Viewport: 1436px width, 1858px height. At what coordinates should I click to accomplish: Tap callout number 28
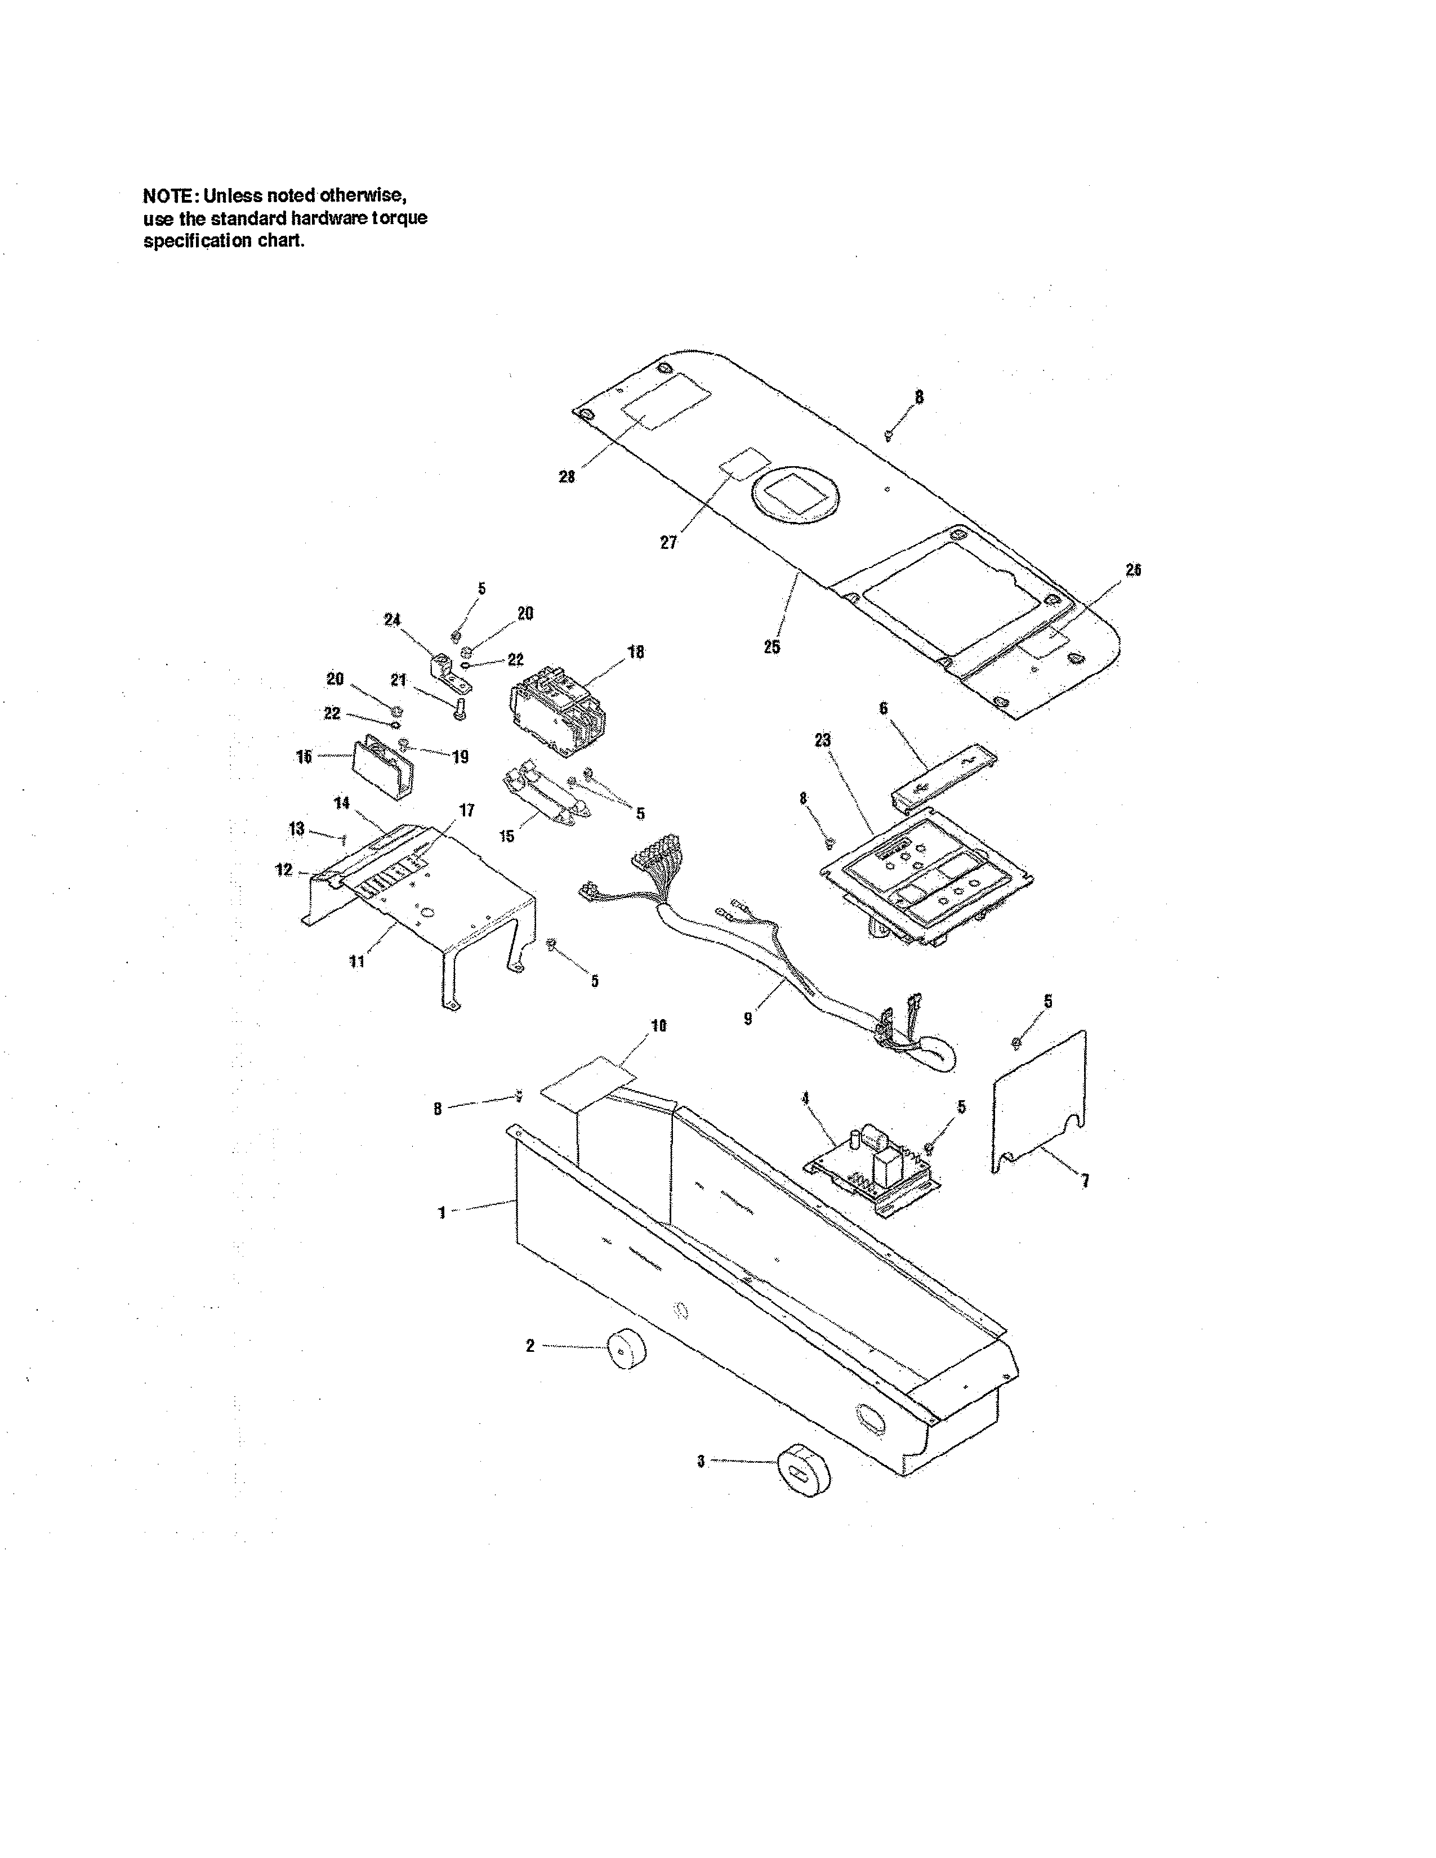[567, 477]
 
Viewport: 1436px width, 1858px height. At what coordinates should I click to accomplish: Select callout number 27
[668, 542]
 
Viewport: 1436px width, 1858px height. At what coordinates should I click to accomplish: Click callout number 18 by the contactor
[635, 653]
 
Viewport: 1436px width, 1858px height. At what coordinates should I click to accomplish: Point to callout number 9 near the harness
[748, 1019]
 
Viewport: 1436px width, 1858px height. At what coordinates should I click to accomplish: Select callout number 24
[391, 620]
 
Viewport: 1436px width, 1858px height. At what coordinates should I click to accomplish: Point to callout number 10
[658, 1026]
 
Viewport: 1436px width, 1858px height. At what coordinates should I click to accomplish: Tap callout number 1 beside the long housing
[441, 1213]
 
